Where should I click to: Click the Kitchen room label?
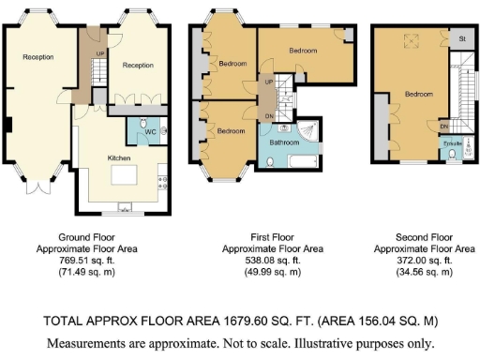[x=119, y=158]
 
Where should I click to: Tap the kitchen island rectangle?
[x=124, y=174]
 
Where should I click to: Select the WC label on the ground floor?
[x=150, y=132]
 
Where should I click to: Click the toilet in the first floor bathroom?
[x=270, y=162]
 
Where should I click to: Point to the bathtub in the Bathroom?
[x=304, y=161]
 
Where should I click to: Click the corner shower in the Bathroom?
[x=307, y=131]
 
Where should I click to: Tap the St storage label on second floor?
[x=462, y=38]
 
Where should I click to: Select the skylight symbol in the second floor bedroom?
[x=411, y=41]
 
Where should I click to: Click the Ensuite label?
[x=453, y=143]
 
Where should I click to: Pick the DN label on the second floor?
[x=444, y=127]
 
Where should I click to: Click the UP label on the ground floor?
[x=100, y=53]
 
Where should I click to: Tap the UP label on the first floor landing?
[x=269, y=82]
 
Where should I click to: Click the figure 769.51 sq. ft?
[x=86, y=261]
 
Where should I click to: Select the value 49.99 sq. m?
[x=273, y=272]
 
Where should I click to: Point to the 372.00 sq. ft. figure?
[x=424, y=261]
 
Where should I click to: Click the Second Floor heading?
[x=424, y=237]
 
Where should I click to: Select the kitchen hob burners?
[x=163, y=183]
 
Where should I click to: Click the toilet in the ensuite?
[x=452, y=154]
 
